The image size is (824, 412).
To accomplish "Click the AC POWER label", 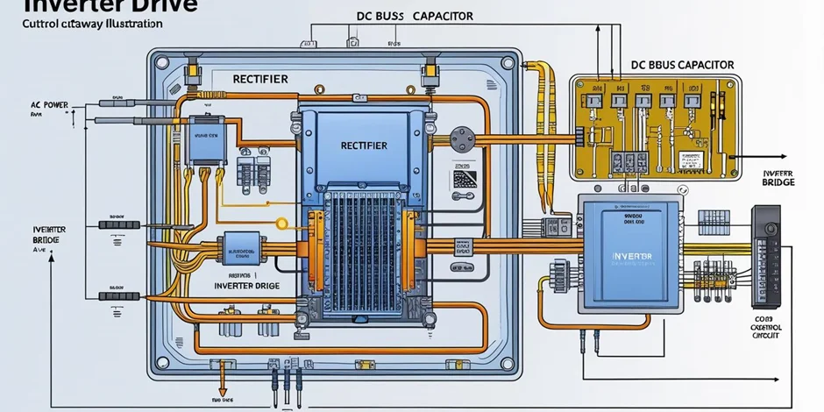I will (x=49, y=103).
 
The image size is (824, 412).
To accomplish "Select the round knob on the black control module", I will (x=771, y=228).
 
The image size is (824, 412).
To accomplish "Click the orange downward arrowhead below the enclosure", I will (x=223, y=391).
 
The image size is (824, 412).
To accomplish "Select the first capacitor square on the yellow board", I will (x=598, y=103).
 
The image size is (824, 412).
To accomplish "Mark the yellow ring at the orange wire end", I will (x=282, y=224).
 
